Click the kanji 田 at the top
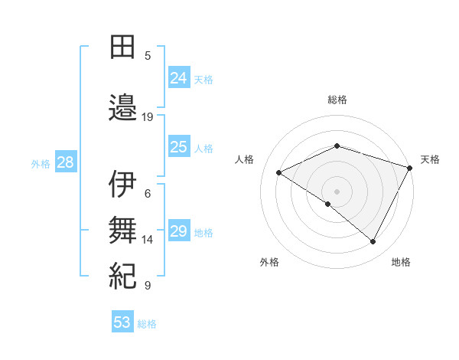(122, 47)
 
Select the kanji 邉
(122, 107)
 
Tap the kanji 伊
(122, 184)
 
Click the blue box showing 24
(178, 77)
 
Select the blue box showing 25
(178, 147)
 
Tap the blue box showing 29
(178, 231)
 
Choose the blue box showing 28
(64, 162)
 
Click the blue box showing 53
(122, 322)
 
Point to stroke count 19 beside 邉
(148, 117)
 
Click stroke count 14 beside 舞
(148, 239)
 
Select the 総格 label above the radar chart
(337, 100)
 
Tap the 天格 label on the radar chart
(430, 159)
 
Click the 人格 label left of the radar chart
(244, 159)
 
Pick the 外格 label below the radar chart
(269, 262)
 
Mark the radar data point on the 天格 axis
(411, 167)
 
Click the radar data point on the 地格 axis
(373, 242)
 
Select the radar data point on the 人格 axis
(279, 172)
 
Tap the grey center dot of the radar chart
(337, 191)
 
